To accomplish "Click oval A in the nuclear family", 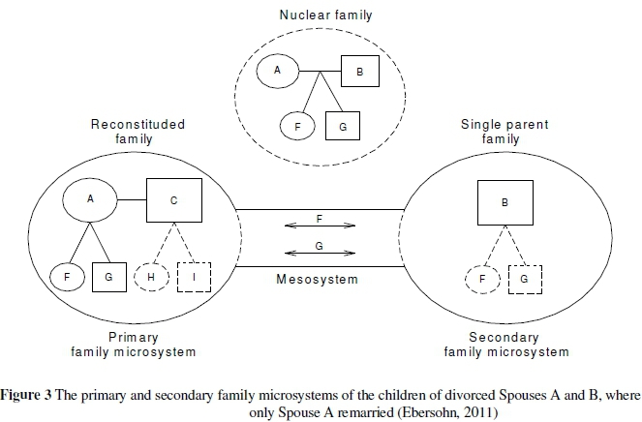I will (x=277, y=71).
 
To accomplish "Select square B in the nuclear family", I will (x=358, y=73).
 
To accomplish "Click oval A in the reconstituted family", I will (x=90, y=201).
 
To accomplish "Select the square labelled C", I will (x=173, y=201).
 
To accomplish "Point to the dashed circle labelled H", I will (x=150, y=278).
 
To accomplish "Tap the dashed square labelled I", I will (x=195, y=278).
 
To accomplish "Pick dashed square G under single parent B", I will (x=524, y=279).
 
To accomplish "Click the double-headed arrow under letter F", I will (x=319, y=226).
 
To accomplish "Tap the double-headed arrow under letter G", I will (x=319, y=256).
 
